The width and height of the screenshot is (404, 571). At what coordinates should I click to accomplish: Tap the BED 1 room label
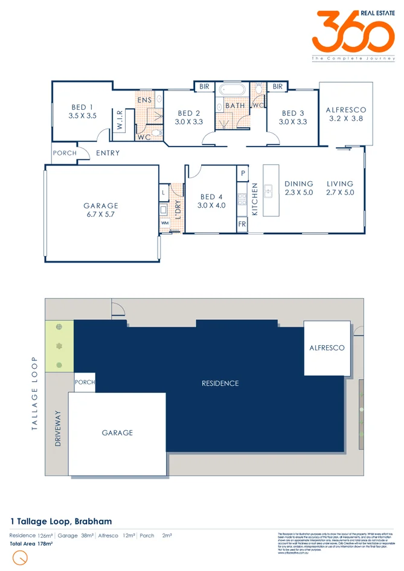(x=82, y=112)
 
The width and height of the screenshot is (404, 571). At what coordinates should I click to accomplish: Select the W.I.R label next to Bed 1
(x=120, y=120)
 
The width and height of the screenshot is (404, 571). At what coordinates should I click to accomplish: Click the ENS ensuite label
(x=144, y=100)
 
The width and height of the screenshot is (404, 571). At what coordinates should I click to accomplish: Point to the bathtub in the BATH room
(x=230, y=91)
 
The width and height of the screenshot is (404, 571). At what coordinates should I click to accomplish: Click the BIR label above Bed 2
(x=204, y=87)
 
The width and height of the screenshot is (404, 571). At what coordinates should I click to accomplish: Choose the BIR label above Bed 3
(x=277, y=87)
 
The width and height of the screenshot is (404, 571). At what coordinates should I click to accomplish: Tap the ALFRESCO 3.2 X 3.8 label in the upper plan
(x=346, y=115)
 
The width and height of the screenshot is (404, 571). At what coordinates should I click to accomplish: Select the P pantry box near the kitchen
(x=242, y=173)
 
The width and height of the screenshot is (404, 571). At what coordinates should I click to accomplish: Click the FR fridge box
(x=242, y=224)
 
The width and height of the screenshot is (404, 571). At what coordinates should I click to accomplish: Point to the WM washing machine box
(x=164, y=223)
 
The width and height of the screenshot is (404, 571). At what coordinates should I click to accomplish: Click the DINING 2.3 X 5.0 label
(x=299, y=188)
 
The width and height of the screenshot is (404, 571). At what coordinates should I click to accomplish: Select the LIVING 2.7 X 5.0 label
(x=340, y=188)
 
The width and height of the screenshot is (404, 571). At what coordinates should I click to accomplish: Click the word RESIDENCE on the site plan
(x=220, y=383)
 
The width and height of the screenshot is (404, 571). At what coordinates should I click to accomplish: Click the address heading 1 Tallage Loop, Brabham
(x=61, y=521)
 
